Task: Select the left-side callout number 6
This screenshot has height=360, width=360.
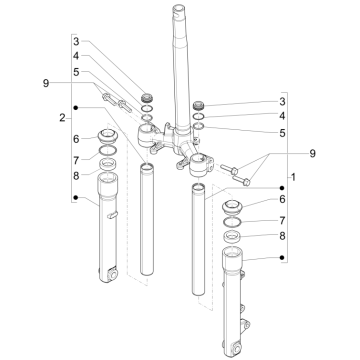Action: pos(74,138)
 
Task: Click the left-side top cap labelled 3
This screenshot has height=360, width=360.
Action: pos(147,96)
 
